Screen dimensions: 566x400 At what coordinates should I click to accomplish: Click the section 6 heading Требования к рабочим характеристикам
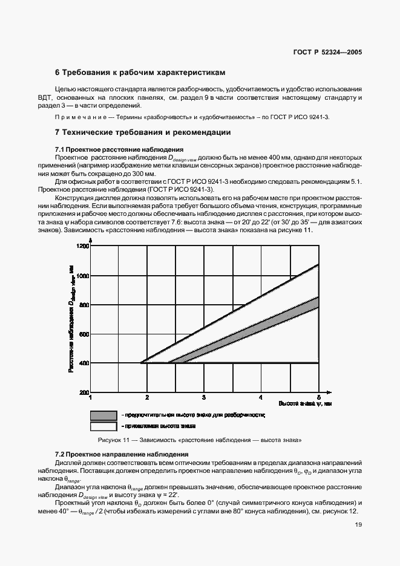pos(140,73)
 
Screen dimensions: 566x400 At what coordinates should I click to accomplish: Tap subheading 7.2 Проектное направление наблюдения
pos(122,454)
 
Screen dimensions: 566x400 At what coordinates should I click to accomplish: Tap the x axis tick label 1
pos(91,398)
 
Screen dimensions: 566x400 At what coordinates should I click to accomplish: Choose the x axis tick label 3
pos(204,398)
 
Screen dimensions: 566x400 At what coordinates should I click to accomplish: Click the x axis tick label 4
pos(261,398)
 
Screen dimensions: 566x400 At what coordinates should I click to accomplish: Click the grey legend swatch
pos(103,415)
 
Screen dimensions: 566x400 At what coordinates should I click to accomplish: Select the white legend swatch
pos(103,426)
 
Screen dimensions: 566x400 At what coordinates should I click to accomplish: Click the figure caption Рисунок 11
pos(200,440)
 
